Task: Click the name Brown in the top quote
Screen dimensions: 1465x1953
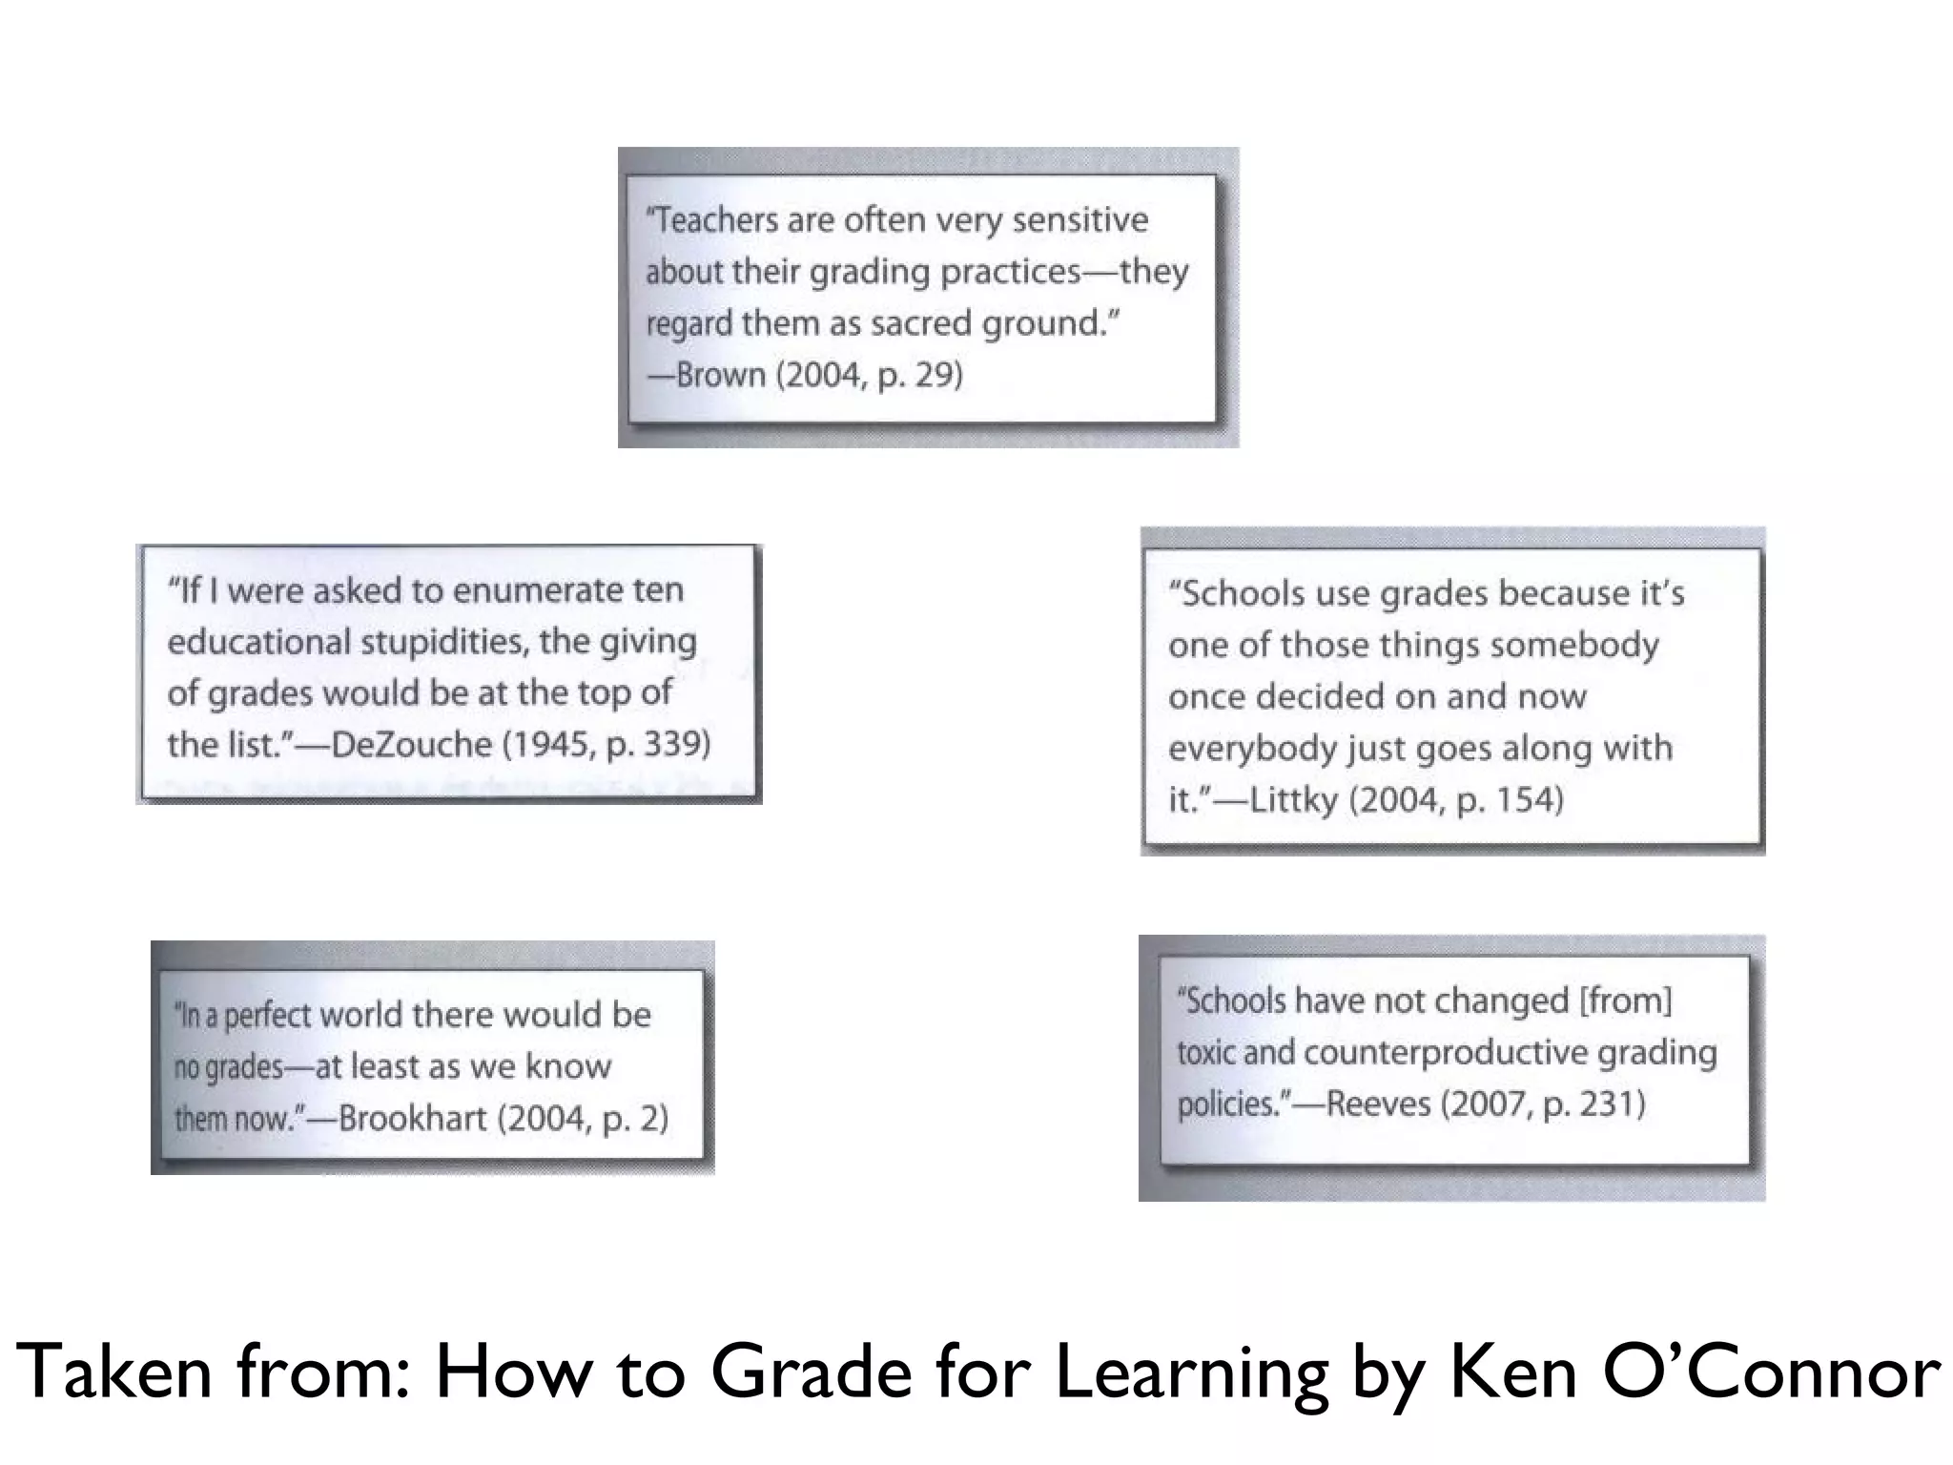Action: (x=721, y=375)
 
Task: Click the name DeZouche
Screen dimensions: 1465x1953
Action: (x=411, y=744)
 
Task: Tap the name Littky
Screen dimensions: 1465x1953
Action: (x=1294, y=799)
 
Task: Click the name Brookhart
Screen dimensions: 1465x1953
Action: (x=412, y=1118)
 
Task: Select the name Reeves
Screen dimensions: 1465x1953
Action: (x=1378, y=1104)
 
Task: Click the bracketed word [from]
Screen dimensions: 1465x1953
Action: (x=1626, y=1001)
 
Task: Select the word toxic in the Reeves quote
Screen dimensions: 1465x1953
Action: (x=1204, y=1052)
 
